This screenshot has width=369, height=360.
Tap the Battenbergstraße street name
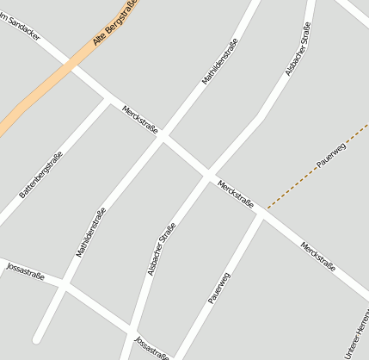coord(40,175)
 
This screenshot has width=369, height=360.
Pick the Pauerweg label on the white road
coord(219,288)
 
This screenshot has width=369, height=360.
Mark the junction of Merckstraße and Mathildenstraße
coord(163,139)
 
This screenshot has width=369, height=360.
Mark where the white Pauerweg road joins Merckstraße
coord(262,214)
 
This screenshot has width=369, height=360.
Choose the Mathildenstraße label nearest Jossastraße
coord(90,233)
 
